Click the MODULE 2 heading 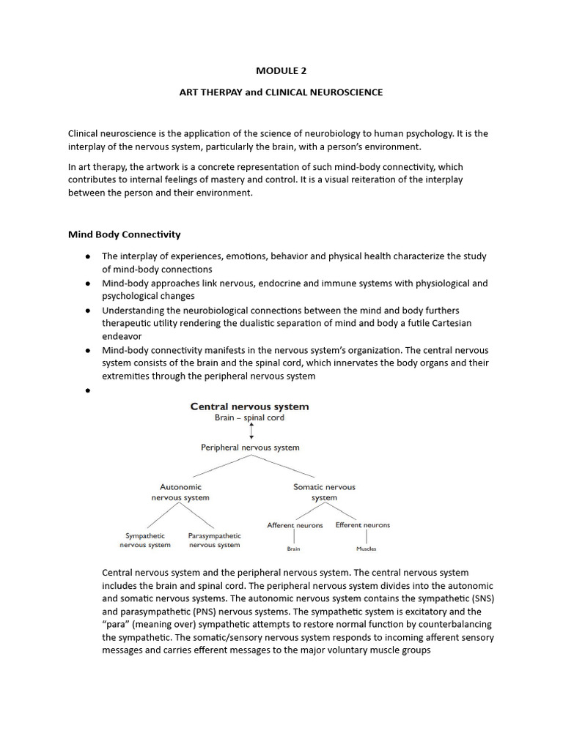281,71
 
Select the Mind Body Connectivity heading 124,234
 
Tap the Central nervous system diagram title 249,406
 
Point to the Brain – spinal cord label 249,418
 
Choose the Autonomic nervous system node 180,491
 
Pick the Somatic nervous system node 324,491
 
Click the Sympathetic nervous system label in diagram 145,540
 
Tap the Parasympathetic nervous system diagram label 214,540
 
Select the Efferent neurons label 363,525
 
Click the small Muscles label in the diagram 366,548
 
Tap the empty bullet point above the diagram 87,391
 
